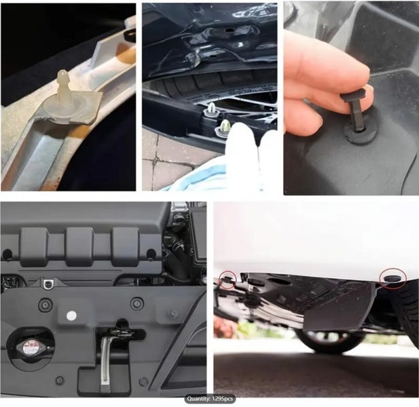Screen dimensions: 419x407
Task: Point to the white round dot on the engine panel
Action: click(71, 315)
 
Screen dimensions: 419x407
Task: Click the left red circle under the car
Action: click(227, 280)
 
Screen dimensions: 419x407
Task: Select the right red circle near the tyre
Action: click(393, 279)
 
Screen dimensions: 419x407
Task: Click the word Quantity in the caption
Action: click(198, 399)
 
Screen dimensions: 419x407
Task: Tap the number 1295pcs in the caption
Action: click(222, 399)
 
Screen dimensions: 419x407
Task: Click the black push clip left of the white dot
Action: click(45, 305)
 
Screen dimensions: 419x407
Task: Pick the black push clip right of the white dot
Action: click(137, 303)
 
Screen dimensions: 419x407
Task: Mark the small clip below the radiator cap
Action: click(60, 381)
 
